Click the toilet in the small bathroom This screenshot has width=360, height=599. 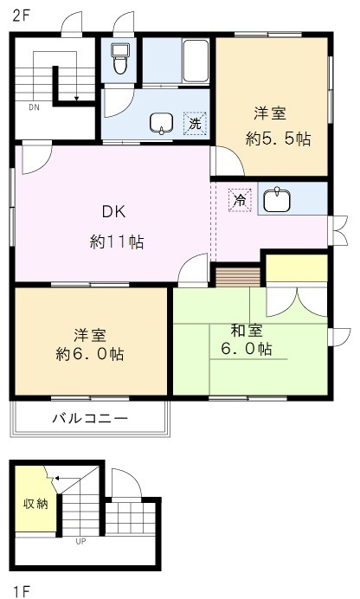119,61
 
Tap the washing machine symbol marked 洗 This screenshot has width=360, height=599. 195,123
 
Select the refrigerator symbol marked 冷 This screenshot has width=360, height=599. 238,200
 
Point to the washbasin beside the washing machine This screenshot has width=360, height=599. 162,124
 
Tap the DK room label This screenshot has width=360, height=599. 114,210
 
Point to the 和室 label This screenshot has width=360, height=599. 247,330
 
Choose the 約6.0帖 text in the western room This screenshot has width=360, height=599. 89,354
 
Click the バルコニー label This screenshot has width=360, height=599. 90,418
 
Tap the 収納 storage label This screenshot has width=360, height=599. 35,504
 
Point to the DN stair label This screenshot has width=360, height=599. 34,108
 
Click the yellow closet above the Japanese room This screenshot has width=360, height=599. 297,268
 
